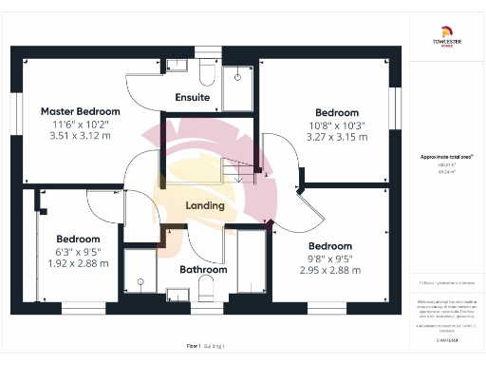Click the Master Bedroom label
tap(71, 110)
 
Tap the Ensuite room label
tap(193, 98)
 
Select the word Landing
tap(204, 205)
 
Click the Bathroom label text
tap(204, 269)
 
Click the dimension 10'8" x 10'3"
tap(337, 125)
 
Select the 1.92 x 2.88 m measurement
tap(78, 262)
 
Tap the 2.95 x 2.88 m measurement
tap(329, 270)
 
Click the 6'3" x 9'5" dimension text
tap(78, 251)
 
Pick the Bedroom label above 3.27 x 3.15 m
tap(337, 111)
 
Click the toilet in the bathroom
tap(140, 282)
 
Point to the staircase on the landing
tap(237, 171)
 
